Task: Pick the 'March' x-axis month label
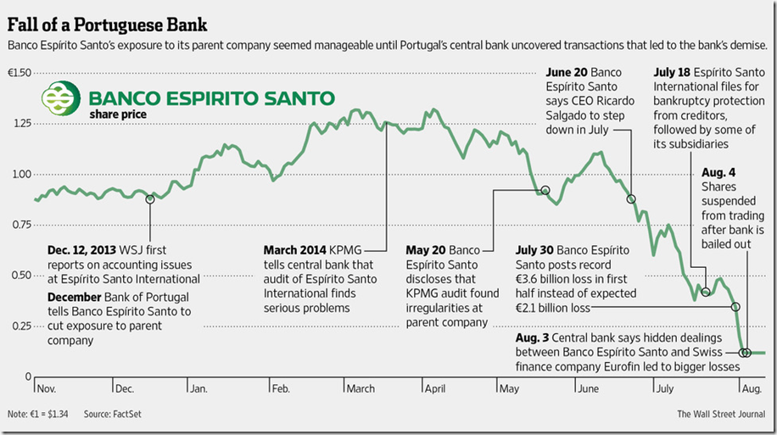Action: (361, 388)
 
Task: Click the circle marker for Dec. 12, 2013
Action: (150, 199)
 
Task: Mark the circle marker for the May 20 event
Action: (545, 191)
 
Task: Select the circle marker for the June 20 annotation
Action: (631, 199)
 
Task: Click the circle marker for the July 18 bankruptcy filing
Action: (706, 292)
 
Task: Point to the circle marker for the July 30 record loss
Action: (735, 307)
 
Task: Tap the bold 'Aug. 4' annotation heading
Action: (718, 171)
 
